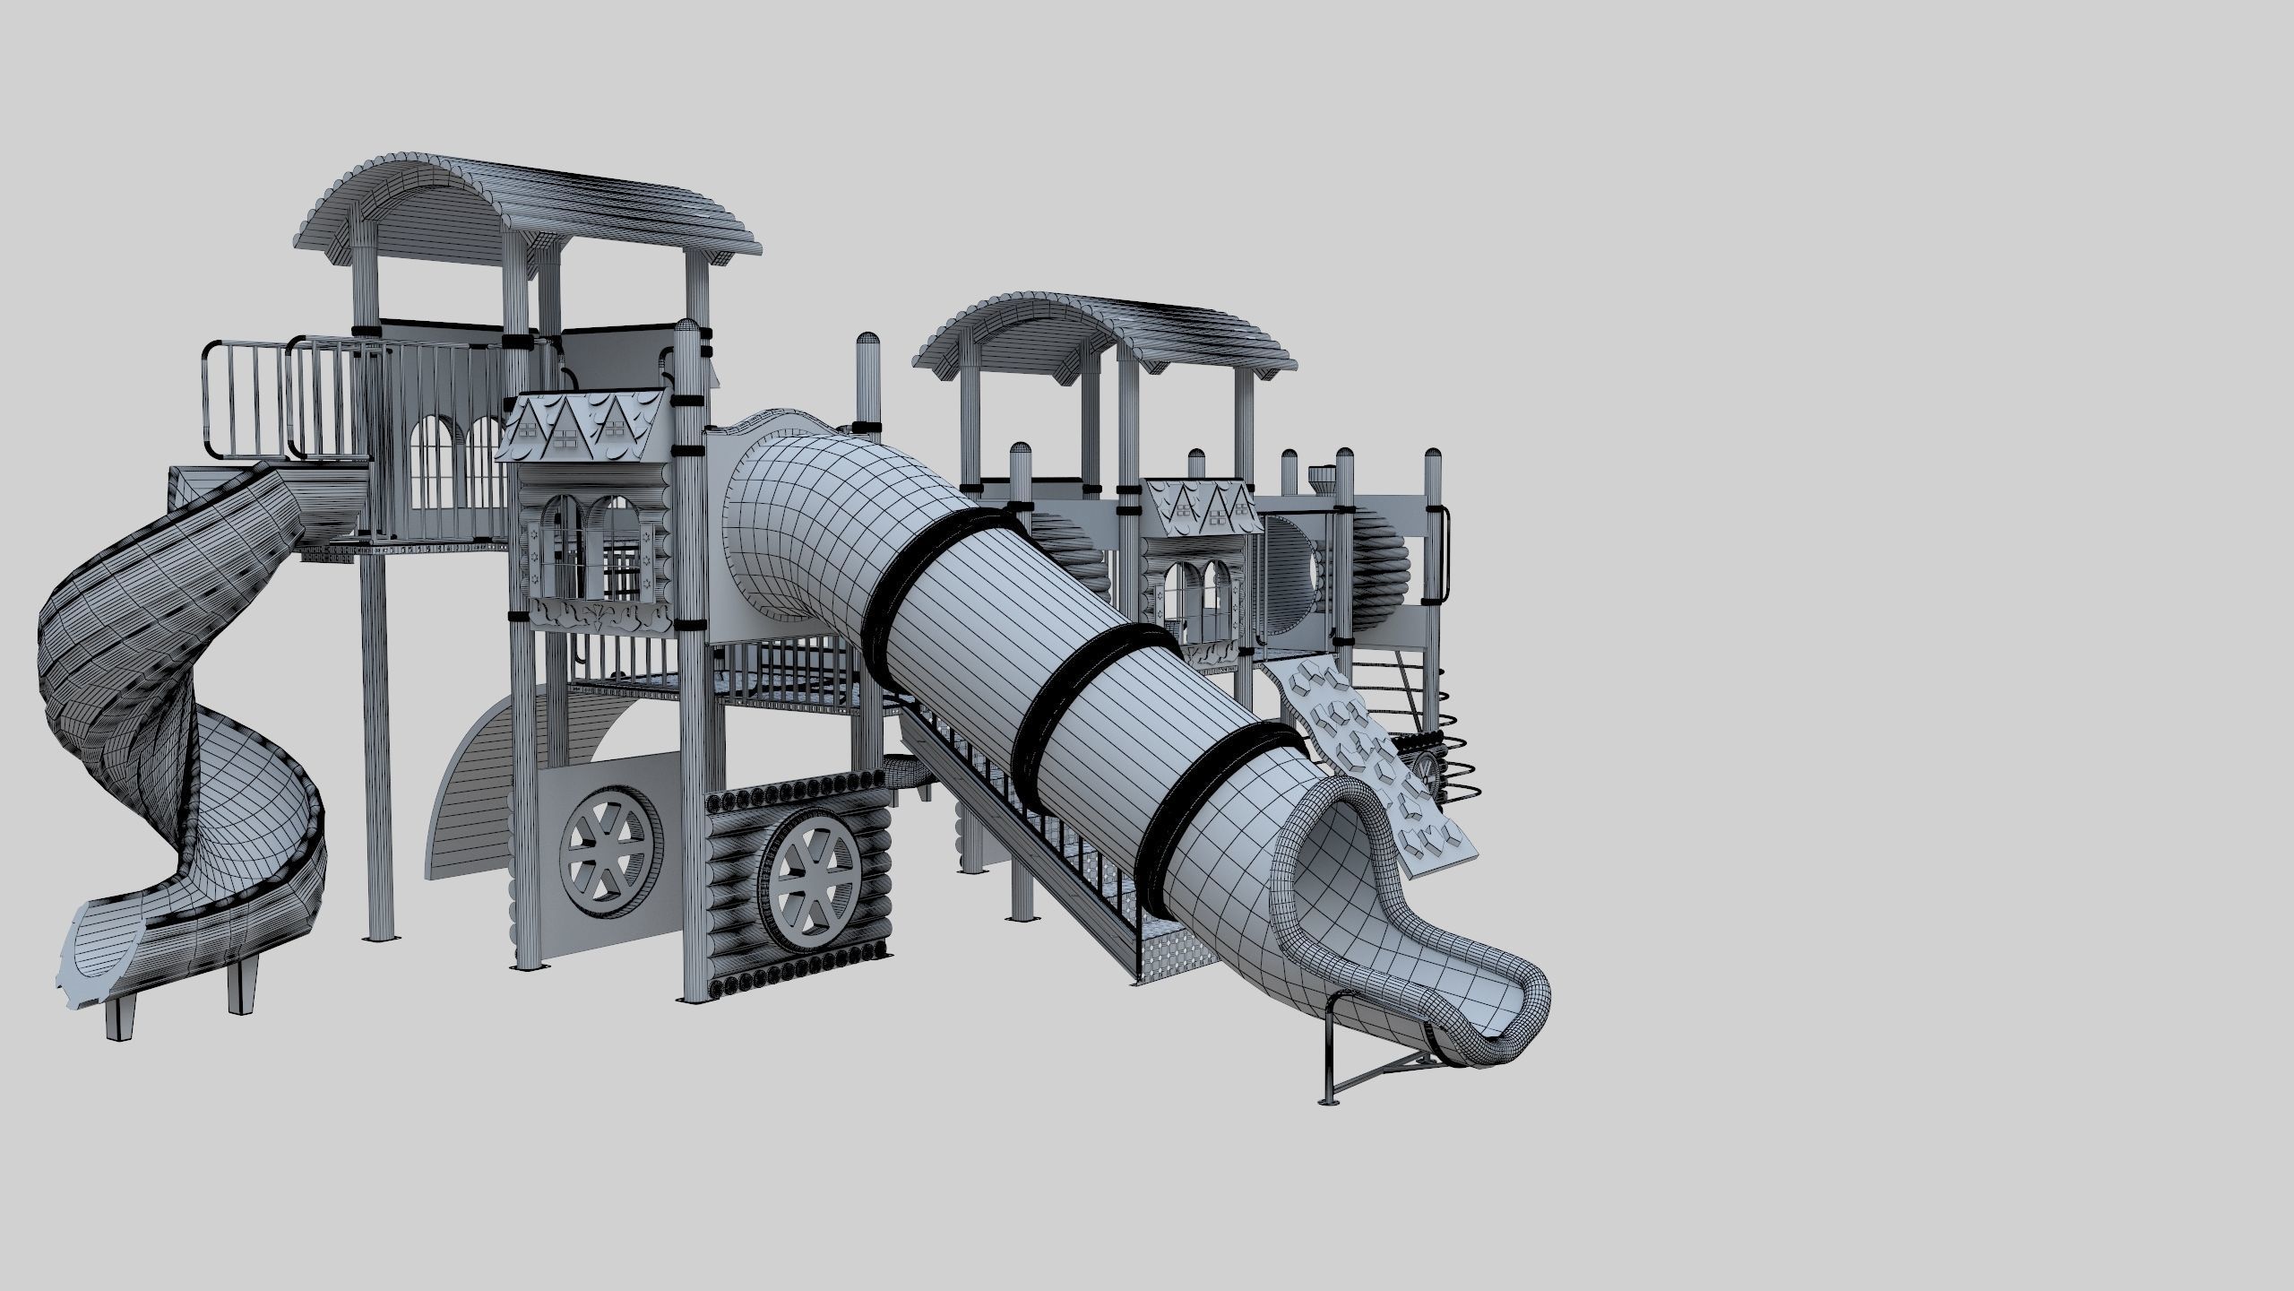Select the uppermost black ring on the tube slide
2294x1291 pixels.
(932, 583)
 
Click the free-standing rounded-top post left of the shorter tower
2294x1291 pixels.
(867, 377)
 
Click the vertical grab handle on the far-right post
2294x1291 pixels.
(1444, 565)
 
